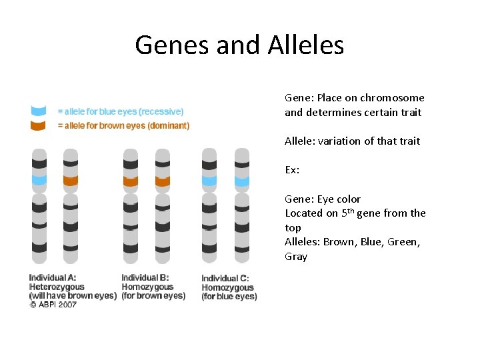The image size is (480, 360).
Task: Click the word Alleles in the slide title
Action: coord(306,45)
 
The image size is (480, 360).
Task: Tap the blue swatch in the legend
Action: coord(39,111)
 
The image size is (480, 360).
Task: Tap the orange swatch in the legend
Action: coord(39,125)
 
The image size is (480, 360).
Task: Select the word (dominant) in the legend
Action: coord(167,125)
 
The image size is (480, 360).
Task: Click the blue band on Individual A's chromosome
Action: coord(39,180)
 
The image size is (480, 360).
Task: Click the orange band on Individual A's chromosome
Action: coord(71,180)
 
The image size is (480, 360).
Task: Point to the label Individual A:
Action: coord(52,277)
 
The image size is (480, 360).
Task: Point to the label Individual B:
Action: coord(145,277)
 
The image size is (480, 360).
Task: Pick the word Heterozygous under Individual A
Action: coord(57,287)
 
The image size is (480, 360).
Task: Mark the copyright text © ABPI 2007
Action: coord(53,305)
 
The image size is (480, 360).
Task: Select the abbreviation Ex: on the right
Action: coord(292,170)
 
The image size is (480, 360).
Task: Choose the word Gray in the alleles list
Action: coord(296,257)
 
